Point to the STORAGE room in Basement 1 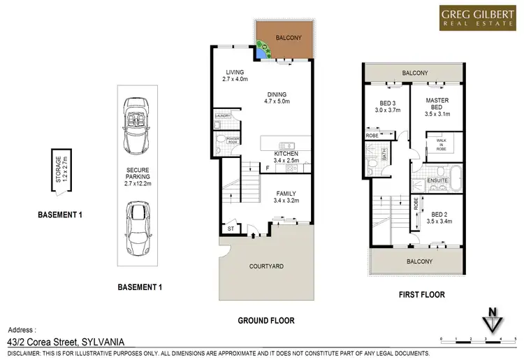point(59,170)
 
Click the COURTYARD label point(266,266)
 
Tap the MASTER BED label point(437,105)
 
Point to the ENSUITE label point(439,180)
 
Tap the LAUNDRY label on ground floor point(223,116)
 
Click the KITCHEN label point(286,154)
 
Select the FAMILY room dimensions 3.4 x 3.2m point(286,201)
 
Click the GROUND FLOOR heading point(266,321)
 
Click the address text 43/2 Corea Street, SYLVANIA point(66,342)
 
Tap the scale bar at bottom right point(479,339)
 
